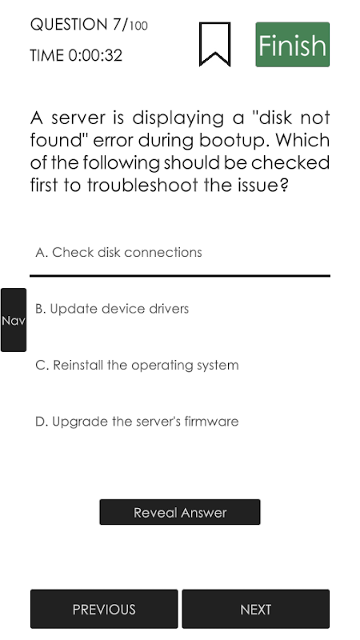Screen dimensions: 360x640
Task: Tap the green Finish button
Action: (292, 45)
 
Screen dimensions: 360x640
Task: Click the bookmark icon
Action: (214, 44)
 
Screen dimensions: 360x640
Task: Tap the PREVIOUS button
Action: (104, 609)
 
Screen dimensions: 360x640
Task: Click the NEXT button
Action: (256, 609)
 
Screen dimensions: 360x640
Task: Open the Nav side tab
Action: (14, 320)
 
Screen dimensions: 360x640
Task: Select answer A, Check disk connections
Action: (118, 252)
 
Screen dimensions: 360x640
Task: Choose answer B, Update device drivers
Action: (112, 309)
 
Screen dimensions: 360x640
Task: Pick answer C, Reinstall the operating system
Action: (137, 365)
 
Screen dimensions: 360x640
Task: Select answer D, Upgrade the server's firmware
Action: (137, 422)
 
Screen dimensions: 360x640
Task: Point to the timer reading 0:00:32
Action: (95, 55)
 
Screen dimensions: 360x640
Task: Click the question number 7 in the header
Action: (117, 25)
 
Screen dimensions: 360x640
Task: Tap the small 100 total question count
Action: (138, 26)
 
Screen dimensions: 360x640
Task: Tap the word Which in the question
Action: (302, 140)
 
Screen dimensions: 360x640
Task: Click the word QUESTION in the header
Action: (69, 25)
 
